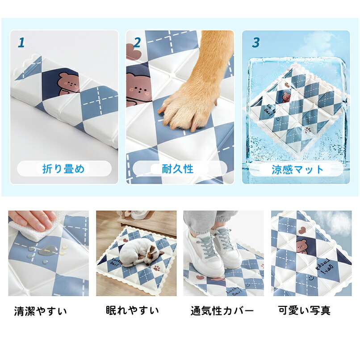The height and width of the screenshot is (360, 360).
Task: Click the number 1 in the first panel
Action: (x=21, y=42)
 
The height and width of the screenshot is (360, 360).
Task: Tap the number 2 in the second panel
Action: (x=137, y=42)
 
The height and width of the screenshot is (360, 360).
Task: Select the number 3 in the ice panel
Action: (x=255, y=42)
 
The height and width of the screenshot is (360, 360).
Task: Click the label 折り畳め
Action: (x=63, y=169)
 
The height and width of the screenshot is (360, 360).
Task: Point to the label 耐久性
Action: (x=178, y=169)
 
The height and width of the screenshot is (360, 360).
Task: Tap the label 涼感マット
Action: (x=297, y=170)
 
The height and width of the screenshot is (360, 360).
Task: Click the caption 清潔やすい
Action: (x=40, y=311)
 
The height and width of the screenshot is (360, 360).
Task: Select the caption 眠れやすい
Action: (x=133, y=310)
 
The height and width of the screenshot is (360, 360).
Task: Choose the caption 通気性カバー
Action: (x=222, y=311)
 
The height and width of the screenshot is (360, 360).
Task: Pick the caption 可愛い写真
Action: (x=305, y=310)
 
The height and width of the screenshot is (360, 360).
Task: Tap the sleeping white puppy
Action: (x=141, y=252)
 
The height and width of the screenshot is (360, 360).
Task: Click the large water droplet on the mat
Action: (x=48, y=250)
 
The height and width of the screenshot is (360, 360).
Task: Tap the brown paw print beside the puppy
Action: (x=158, y=268)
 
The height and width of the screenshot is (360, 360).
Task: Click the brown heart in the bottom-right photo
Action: (x=301, y=230)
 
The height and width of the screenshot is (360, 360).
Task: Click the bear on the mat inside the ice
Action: (x=286, y=97)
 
